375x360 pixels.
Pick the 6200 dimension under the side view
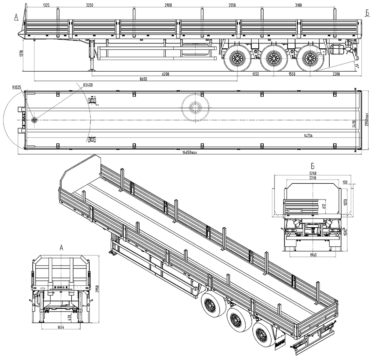pyautogui.click(x=165, y=74)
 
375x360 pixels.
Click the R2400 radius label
pyautogui.click(x=88, y=85)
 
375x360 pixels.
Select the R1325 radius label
pyautogui.click(x=16, y=87)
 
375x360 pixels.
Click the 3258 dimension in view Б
pyautogui.click(x=312, y=174)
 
